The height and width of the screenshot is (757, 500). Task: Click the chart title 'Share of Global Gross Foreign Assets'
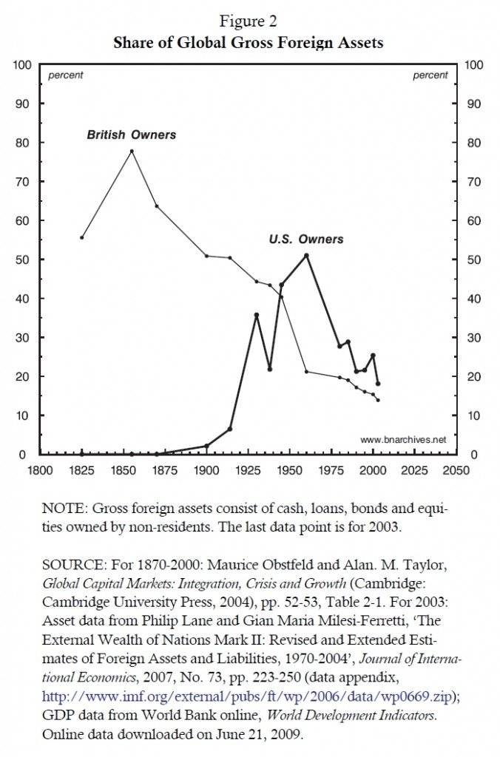(249, 42)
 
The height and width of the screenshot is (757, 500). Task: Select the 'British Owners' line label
(132, 135)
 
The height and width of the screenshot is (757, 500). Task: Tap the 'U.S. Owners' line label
(306, 240)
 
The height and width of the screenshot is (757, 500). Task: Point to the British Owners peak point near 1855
(132, 151)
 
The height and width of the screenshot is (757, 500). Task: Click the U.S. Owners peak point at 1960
(307, 255)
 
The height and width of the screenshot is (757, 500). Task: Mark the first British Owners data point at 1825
(81, 237)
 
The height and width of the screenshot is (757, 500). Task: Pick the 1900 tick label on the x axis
(206, 469)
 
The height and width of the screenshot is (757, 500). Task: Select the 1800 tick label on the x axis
(39, 469)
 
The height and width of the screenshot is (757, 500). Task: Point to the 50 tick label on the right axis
(473, 259)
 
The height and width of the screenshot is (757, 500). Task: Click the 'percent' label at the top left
(66, 75)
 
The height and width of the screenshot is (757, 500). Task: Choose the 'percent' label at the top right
(430, 75)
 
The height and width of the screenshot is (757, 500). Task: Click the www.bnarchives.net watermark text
(404, 439)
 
